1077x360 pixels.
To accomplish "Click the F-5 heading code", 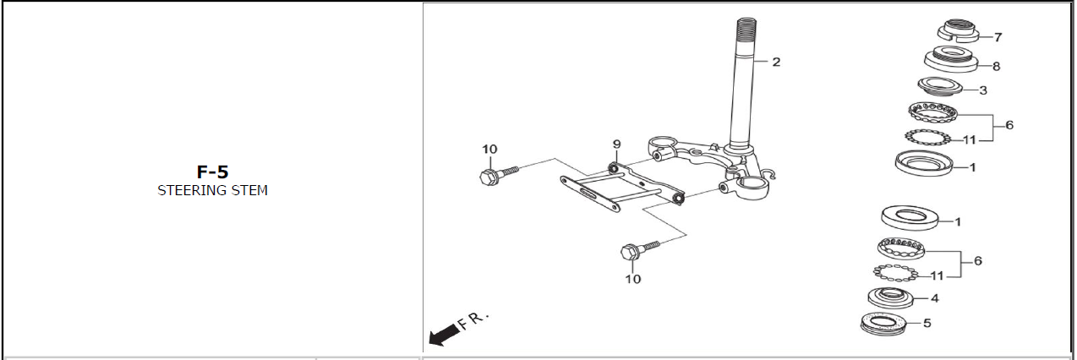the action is point(212,172).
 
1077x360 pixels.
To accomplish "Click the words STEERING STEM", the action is point(212,190).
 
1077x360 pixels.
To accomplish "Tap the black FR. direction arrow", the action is point(444,335).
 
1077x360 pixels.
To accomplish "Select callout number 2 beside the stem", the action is point(776,62).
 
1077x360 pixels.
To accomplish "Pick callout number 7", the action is point(998,37).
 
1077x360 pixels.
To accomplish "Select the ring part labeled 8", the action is point(951,59).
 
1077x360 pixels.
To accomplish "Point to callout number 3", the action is point(983,90).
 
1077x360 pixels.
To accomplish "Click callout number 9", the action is point(616,145).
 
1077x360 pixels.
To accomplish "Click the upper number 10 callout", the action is point(489,150).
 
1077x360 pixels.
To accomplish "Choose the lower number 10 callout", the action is point(632,279).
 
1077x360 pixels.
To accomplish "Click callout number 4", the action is point(934,298).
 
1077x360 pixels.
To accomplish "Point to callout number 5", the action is point(927,323).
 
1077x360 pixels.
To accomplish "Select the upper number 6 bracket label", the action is point(1009,125).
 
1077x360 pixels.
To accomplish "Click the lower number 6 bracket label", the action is point(977,261).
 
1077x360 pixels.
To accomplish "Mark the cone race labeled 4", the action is point(891,298).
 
